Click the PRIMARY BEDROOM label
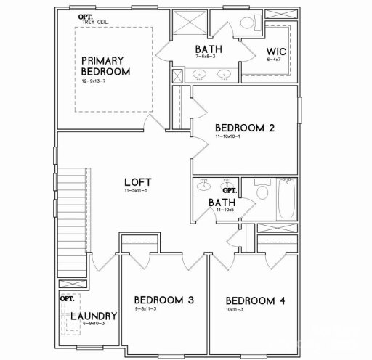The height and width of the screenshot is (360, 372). click(106, 66)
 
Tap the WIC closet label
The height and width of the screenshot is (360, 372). click(277, 52)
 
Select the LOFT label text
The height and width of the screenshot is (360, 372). click(138, 181)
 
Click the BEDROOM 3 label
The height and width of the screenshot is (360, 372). click(164, 300)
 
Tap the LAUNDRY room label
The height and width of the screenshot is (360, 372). click(94, 316)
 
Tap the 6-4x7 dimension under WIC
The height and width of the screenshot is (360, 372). click(276, 62)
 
